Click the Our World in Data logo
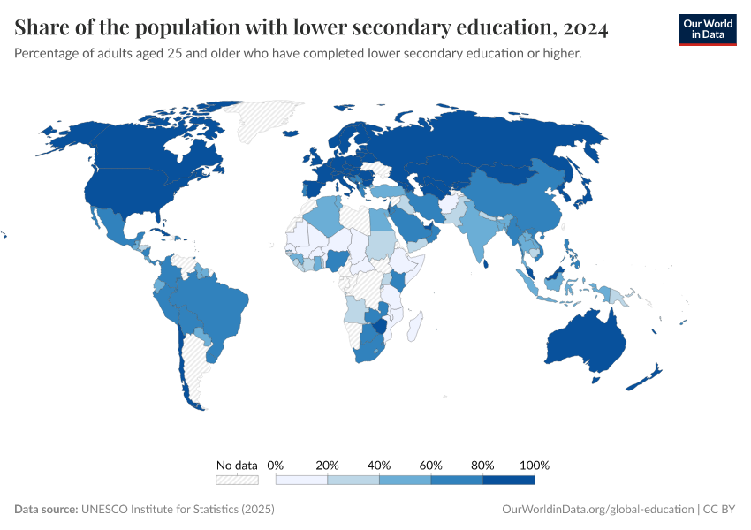(707, 29)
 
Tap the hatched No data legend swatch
(237, 480)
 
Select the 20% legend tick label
(328, 465)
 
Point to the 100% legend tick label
(535, 465)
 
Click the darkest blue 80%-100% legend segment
(509, 480)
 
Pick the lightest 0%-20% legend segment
(302, 480)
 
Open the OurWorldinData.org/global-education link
(597, 510)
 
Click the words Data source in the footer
(46, 510)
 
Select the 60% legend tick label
(431, 465)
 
